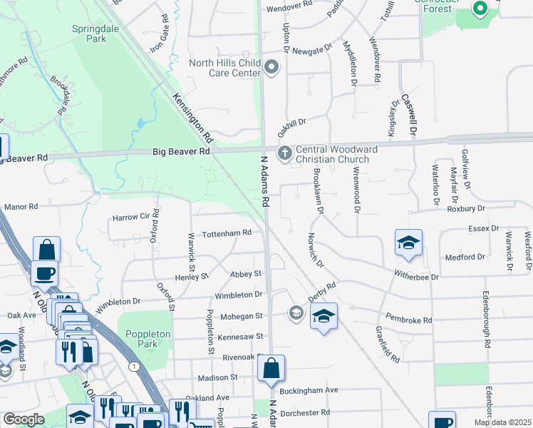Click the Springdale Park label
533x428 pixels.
tap(89, 34)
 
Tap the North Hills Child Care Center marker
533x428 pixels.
tap(271, 68)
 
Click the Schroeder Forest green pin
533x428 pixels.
tap(480, 9)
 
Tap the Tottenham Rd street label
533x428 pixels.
tap(227, 233)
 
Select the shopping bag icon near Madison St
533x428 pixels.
tap(271, 370)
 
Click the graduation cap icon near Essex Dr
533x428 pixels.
tap(408, 243)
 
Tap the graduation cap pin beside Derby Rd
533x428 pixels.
tap(324, 315)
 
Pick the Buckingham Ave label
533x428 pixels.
tap(311, 390)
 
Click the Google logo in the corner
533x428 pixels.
tap(24, 419)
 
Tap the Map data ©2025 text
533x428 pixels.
tap(502, 422)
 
